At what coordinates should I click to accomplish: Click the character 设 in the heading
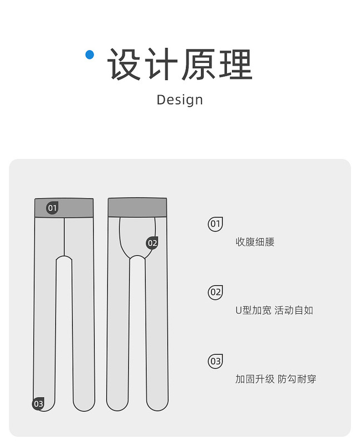click(124, 65)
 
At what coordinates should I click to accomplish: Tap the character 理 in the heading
click(235, 65)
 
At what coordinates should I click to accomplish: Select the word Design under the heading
click(180, 100)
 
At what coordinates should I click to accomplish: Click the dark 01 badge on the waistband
click(52, 208)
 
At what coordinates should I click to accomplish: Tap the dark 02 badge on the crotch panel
click(152, 243)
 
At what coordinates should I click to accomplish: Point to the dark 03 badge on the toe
click(38, 404)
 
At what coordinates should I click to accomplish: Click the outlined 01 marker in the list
click(215, 224)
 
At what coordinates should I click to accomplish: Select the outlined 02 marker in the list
click(215, 293)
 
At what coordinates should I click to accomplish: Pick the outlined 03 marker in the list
click(215, 362)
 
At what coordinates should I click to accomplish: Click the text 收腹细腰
click(255, 242)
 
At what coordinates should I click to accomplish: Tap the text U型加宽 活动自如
click(274, 310)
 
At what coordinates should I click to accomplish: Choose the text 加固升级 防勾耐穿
click(276, 379)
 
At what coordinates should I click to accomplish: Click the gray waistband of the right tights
click(137, 207)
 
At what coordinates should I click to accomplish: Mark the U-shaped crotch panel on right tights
click(137, 236)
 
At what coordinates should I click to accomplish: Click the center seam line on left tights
click(64, 236)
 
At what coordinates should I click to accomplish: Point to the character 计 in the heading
click(161, 65)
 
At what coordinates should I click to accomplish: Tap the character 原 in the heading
click(198, 65)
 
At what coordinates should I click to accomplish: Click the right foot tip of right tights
click(157, 403)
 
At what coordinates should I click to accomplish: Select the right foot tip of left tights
click(84, 404)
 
